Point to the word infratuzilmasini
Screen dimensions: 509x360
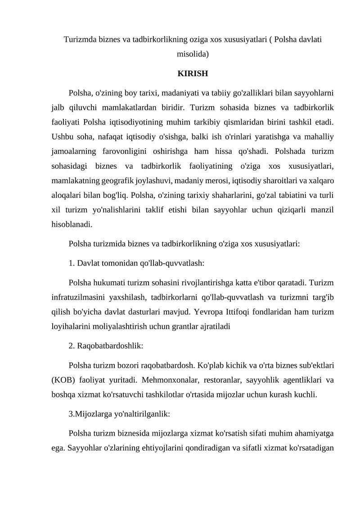coord(77,297)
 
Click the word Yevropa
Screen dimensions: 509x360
coord(204,312)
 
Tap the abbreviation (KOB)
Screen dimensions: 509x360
coord(62,381)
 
